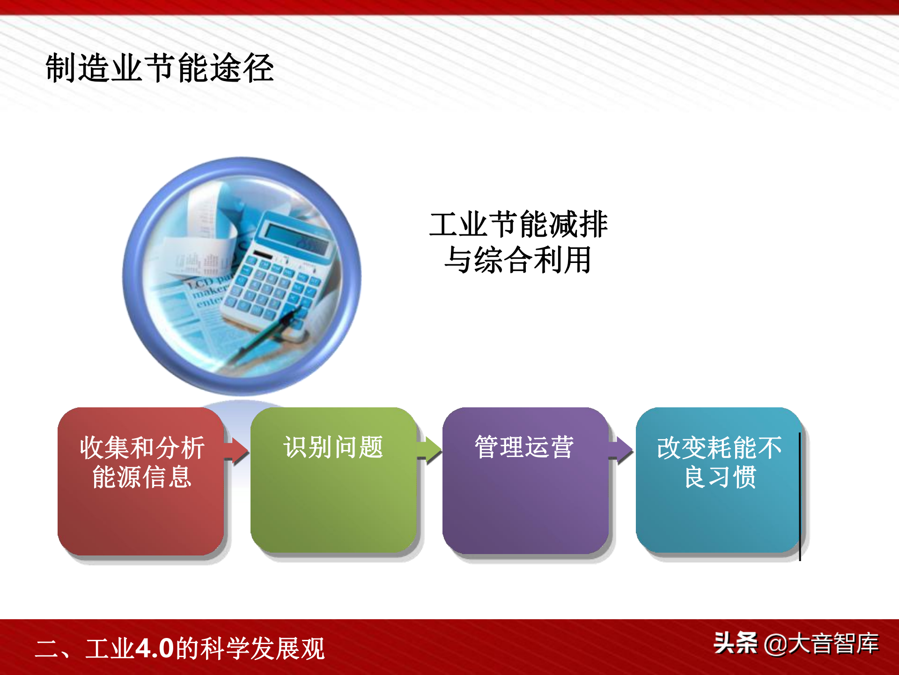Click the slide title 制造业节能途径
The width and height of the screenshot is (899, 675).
pos(160,68)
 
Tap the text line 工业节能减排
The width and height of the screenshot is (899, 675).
pos(518,224)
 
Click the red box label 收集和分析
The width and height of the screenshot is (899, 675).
pos(142,448)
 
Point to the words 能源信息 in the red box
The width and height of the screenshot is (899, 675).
pos(142,477)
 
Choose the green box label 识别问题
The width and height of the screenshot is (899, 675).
pos(333,447)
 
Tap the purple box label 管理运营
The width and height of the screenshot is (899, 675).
pos(524,447)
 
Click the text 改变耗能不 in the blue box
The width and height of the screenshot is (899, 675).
pos(719,448)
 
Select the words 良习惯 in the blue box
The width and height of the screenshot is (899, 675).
pos(720,477)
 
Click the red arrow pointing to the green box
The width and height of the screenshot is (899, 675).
pos(236,450)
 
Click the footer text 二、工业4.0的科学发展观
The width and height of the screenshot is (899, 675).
pos(180,649)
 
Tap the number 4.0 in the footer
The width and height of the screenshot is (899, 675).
pos(155,649)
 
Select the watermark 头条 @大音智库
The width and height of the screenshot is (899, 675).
pos(796,643)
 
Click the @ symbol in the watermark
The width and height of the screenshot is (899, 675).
pos(775,645)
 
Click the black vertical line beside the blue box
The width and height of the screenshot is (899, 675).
pos(800,496)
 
